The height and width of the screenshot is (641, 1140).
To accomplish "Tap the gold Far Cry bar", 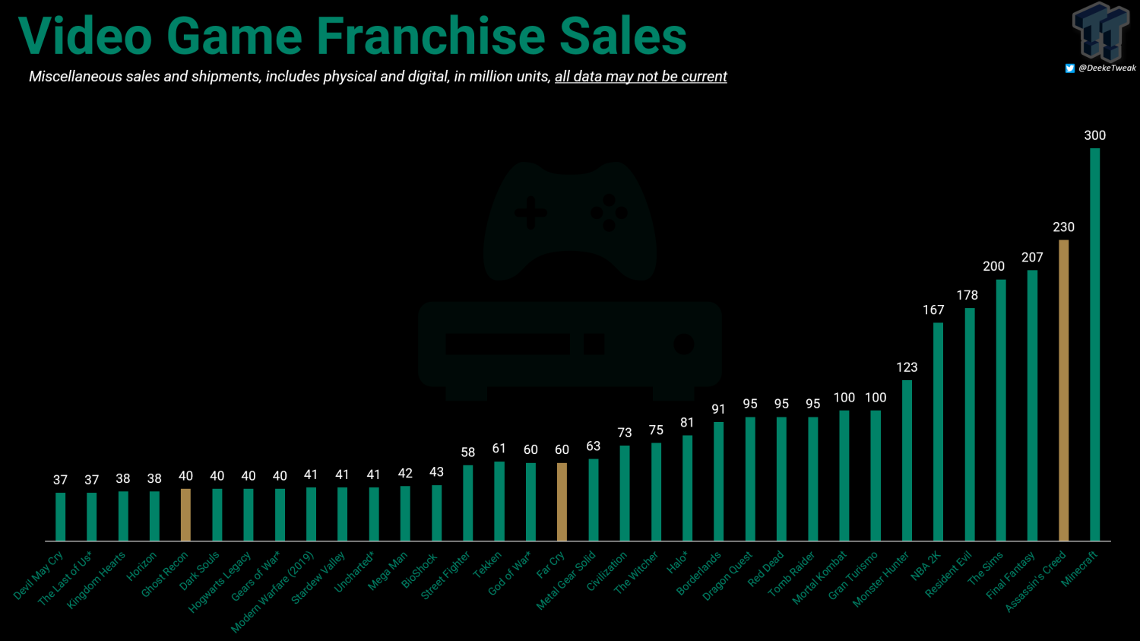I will [562, 502].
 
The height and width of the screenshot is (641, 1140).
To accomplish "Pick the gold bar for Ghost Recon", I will [185, 515].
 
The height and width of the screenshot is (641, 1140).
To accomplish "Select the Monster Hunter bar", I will [907, 460].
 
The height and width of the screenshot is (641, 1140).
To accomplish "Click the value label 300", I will [1094, 135].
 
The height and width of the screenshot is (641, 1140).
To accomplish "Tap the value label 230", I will [1063, 227].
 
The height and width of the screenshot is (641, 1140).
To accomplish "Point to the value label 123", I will [907, 367].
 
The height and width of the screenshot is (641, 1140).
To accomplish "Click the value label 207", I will [1032, 258].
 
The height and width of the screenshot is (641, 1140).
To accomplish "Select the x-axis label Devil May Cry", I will [39, 576].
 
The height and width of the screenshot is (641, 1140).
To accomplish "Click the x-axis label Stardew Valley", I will [318, 578].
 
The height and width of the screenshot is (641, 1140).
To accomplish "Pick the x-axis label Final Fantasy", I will [1011, 576].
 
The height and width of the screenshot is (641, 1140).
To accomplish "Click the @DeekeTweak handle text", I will [1107, 68].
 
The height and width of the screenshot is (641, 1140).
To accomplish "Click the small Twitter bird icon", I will [1069, 68].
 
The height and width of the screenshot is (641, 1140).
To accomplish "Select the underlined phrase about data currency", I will [641, 77].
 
